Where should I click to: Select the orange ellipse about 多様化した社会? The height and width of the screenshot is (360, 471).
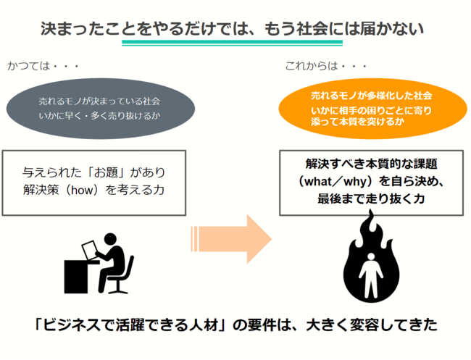(371, 108)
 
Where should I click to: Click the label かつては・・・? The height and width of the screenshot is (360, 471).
(43, 67)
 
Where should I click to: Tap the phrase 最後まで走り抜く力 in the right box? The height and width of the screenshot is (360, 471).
(370, 198)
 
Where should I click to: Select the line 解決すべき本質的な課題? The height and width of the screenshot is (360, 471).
(370, 164)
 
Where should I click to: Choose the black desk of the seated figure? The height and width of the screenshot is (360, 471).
(80, 275)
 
